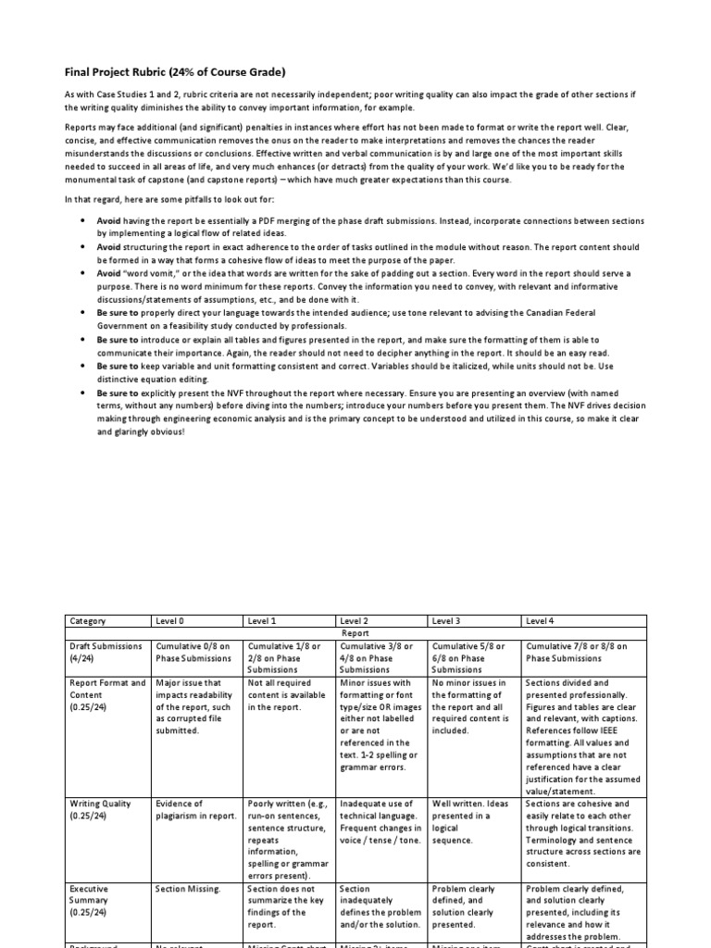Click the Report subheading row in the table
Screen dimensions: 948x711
tap(355, 633)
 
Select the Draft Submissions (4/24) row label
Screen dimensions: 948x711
tap(106, 652)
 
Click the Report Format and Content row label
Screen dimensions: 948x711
tap(106, 694)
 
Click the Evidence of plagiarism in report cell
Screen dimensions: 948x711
tap(194, 809)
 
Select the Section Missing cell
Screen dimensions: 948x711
tap(188, 889)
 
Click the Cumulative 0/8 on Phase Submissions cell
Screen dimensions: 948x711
tap(194, 652)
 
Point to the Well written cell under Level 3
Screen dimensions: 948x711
tap(470, 822)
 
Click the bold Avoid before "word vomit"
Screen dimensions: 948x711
tap(108, 274)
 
